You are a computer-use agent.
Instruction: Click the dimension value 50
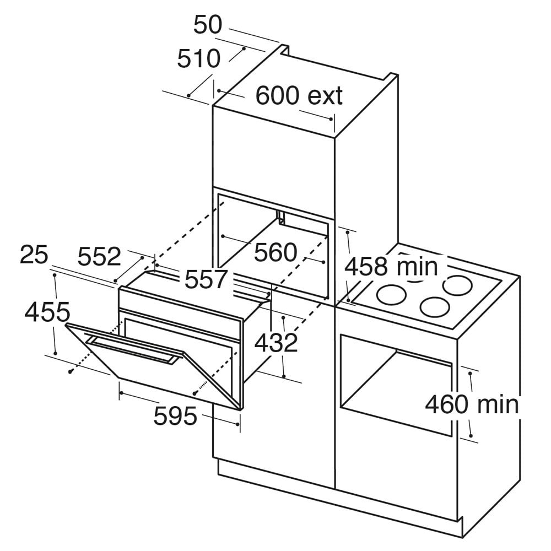coord(208,25)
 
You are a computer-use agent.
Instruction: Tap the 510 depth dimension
coord(199,59)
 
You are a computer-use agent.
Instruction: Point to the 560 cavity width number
coord(276,252)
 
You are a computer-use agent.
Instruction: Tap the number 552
coord(99,256)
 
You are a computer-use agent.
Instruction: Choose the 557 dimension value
coord(207,279)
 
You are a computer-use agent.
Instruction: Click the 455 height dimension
coord(47,312)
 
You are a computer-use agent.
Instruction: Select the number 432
coord(276,343)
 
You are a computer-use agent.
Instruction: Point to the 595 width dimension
coord(175,415)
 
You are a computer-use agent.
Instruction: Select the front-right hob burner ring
coord(435,306)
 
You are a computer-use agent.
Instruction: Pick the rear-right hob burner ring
coord(457,285)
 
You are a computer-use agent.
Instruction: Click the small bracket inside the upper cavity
coord(280,217)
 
